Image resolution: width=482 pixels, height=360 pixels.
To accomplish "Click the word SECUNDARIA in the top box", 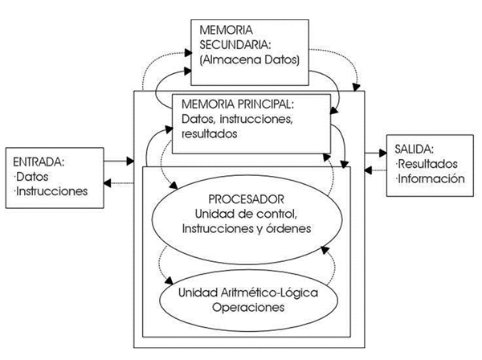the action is point(235,44).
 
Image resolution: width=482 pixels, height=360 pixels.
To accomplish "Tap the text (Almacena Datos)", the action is point(250,59).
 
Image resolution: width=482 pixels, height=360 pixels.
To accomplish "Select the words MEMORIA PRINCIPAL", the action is point(238,104).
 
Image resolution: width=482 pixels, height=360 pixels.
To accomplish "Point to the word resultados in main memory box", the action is point(210,133).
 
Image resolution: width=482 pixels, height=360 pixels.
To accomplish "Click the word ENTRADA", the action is point(39,162).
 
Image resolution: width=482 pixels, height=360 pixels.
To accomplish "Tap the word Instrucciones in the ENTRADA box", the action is point(51,191).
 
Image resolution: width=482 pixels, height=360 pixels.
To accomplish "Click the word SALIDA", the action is point(414,149).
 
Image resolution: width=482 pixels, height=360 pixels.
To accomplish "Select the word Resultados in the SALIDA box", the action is point(427,164).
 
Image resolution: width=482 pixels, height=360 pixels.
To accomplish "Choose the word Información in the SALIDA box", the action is point(431,178).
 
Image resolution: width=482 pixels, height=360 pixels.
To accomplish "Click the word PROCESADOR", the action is point(247,199).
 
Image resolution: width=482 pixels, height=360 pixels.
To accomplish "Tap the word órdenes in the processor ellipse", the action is point(288,228).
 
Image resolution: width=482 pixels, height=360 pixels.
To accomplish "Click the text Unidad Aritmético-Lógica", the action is point(248,292).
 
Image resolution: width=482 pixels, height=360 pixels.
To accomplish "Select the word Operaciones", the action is point(248,307).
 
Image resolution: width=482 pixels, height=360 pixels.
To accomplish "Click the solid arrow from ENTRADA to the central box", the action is point(119,161).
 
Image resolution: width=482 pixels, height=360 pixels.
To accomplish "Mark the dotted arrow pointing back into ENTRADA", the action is point(119,183).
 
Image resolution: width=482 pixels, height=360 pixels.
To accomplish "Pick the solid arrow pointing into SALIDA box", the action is point(376,153).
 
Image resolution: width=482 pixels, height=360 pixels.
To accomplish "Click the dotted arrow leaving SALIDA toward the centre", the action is point(376,170).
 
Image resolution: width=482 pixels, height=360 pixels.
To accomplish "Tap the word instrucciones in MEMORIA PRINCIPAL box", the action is point(255,119).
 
